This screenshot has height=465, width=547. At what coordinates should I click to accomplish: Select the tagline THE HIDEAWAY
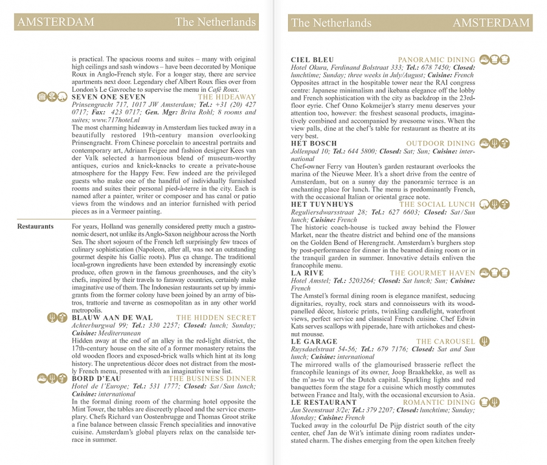point(227,97)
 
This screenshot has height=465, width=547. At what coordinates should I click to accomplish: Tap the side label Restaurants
point(35,227)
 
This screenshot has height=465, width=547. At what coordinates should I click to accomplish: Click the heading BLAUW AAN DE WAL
point(112,318)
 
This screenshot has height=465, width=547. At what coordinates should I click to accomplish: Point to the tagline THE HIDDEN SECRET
point(216,318)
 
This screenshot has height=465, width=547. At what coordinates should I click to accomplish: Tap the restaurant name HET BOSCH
point(314,144)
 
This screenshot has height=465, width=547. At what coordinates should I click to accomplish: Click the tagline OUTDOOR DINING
point(441,144)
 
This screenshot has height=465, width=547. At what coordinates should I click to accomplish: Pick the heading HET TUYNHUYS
point(322,205)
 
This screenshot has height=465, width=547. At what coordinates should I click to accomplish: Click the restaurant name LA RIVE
point(309,274)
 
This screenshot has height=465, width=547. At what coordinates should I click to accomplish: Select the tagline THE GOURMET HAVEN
point(433,274)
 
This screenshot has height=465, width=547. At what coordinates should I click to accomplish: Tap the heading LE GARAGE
point(314,342)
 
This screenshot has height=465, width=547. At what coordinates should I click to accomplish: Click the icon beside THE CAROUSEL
point(484,342)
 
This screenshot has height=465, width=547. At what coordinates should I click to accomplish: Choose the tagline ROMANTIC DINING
point(439,402)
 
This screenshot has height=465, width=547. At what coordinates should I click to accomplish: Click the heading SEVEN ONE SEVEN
point(109,97)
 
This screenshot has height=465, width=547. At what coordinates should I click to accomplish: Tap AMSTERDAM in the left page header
point(56,22)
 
